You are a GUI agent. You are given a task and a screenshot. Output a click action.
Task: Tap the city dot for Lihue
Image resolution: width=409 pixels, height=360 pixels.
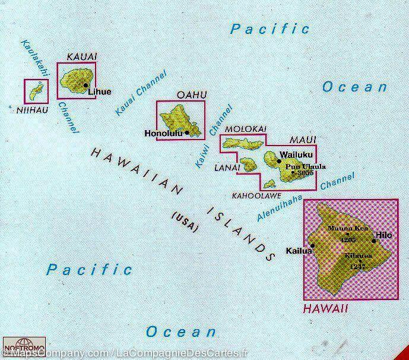point(86,85)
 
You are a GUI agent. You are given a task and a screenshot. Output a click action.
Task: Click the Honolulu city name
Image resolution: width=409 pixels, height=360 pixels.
point(164,134)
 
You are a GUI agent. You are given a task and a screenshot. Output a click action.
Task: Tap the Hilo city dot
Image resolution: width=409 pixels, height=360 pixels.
point(374,240)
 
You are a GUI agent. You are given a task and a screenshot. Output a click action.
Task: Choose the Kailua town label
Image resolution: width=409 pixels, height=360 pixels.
point(298,250)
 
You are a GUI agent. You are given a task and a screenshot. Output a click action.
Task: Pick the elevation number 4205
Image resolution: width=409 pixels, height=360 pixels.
point(348,239)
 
